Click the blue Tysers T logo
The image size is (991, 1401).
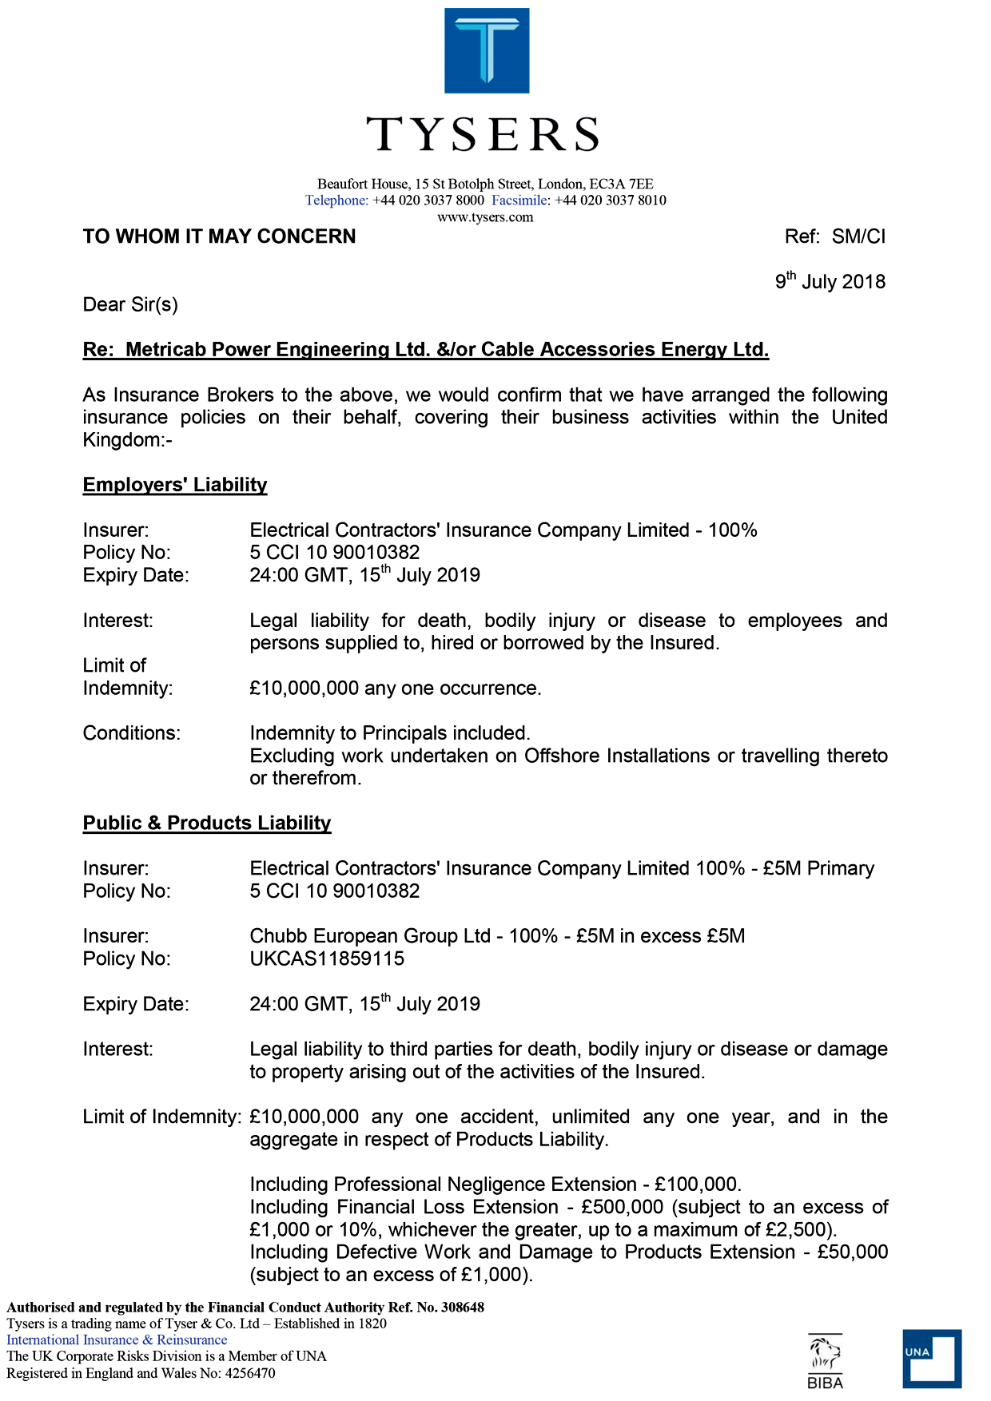pos(487,50)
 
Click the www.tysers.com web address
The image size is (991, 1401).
pos(485,217)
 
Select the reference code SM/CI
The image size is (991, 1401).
pos(858,236)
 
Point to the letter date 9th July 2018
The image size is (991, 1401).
pos(830,281)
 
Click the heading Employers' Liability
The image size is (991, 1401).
pos(175,485)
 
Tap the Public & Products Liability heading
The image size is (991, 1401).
pos(207,824)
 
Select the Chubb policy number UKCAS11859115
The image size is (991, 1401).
pos(327,958)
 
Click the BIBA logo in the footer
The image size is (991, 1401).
pos(825,1360)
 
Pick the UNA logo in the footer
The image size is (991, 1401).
pos(932,1358)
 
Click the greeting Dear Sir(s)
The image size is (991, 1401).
pos(130,304)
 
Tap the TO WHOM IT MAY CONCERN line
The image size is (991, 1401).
pos(220,236)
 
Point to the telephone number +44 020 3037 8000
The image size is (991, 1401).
pos(428,200)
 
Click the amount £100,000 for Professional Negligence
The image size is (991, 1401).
pos(697,1185)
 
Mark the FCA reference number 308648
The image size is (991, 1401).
pos(463,1308)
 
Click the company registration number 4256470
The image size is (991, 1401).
pos(249,1373)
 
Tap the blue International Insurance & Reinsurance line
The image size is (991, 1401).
pos(117,1340)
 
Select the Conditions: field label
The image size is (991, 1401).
pos(132,733)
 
